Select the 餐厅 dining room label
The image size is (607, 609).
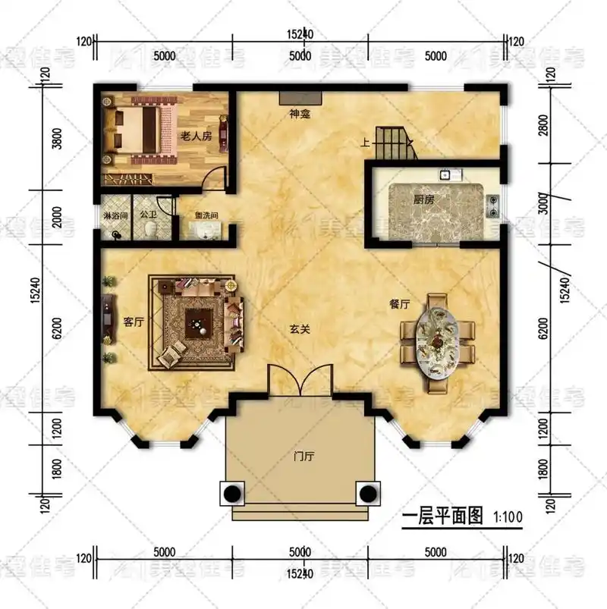click(399, 304)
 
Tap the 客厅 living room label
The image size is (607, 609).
click(134, 322)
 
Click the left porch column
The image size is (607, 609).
click(231, 494)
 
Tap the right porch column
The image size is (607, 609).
click(369, 494)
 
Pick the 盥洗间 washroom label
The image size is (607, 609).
click(206, 216)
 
